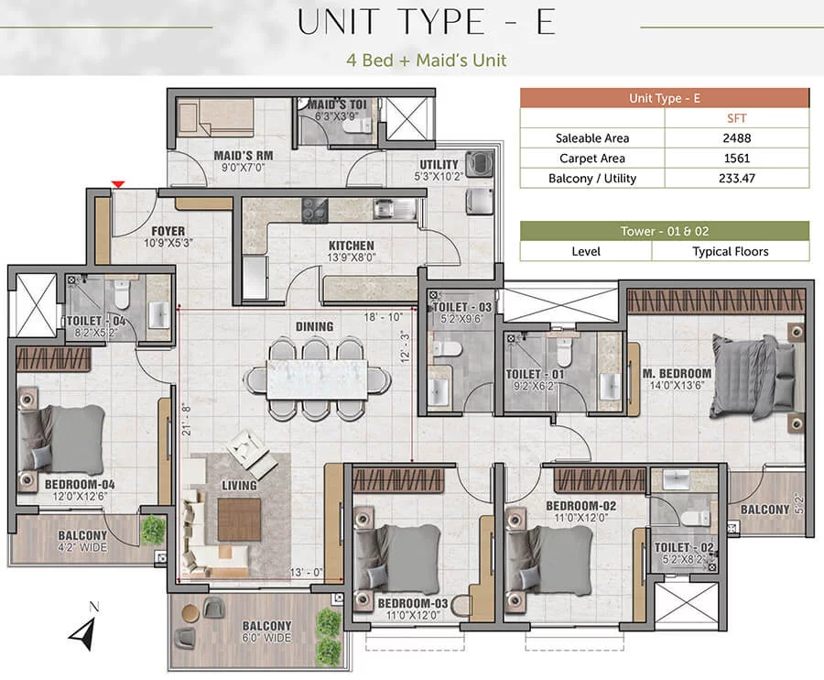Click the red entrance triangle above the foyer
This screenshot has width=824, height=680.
118,184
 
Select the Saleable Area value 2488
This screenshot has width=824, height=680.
736,138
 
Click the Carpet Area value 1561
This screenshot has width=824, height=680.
736,159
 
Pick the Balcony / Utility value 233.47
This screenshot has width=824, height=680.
736,179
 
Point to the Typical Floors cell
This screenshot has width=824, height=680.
730,251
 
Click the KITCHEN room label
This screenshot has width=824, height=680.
351,246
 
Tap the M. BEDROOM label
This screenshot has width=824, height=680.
677,373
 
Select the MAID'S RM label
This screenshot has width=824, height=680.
244,156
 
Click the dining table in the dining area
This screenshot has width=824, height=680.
317,379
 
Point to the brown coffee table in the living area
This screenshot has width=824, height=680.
239,520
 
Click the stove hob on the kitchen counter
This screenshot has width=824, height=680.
314,211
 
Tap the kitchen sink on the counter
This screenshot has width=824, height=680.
395,209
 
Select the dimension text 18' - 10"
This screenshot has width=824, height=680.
383,317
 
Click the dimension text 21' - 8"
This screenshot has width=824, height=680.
186,420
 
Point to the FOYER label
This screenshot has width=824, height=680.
168,231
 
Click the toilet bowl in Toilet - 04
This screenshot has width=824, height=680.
122,295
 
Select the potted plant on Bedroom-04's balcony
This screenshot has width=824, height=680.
153,530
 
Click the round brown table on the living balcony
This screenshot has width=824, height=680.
190,612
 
